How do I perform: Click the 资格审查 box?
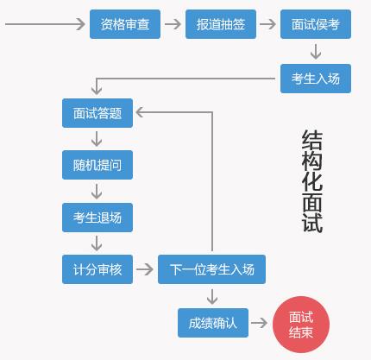125,24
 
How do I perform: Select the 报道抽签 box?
221,24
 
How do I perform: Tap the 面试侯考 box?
316,24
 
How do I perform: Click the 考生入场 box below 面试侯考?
316,79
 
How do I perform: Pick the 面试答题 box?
97,113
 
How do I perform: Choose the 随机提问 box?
97,165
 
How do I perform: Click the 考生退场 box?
97,218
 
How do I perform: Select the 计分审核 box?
97,269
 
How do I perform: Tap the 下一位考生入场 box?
211,269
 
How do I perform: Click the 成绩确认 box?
213,323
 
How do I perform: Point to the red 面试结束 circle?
301,325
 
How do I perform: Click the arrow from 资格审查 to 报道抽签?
173,24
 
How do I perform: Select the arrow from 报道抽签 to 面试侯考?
267,24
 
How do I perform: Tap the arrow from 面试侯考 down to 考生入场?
316,52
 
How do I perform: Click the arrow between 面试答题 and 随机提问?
97,139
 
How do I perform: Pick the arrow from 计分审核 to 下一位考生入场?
145,269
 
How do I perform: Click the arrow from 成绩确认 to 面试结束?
259,323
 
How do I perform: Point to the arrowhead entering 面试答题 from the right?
139,112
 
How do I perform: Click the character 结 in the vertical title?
312,139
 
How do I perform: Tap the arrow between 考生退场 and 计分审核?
97,243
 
